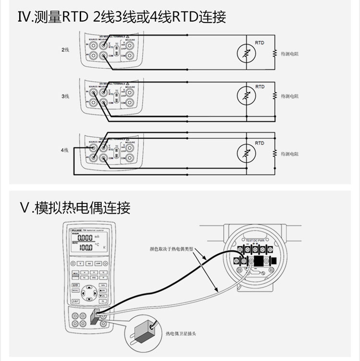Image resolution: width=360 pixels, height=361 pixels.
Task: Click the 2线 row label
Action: point(65,50)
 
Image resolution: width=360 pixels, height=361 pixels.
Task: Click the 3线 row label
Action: point(65,96)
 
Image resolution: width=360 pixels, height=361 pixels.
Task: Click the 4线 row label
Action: point(65,150)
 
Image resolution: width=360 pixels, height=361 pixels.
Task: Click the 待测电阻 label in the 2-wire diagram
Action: point(290,54)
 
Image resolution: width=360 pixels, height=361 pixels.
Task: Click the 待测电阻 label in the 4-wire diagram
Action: point(290,154)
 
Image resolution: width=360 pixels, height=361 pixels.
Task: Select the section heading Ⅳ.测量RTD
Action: point(121,18)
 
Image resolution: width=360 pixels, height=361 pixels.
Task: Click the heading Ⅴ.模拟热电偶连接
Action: point(75,208)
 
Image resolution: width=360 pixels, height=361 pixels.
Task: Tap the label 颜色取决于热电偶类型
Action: point(171,250)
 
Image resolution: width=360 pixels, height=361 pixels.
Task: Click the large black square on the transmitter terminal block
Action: point(259,261)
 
